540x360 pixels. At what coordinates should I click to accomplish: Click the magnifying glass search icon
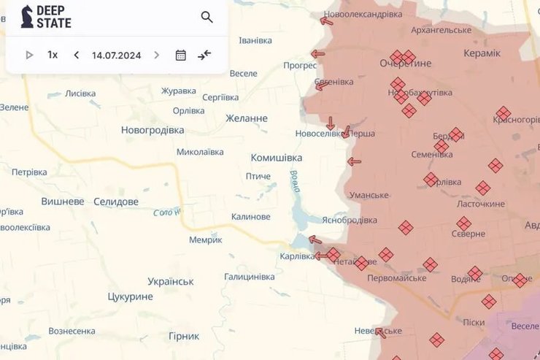[207, 18]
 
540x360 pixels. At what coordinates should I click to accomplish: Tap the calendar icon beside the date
[181, 55]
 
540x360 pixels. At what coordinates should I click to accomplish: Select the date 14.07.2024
[117, 55]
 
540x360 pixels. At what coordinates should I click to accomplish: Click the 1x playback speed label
[53, 55]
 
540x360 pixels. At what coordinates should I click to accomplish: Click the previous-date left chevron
[77, 55]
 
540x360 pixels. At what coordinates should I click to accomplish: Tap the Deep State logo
[46, 17]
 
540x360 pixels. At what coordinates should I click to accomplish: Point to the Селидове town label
[116, 202]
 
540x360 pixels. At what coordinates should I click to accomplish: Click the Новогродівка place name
[153, 130]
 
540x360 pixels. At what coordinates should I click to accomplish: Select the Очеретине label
[405, 64]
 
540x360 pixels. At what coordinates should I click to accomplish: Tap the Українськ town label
[170, 281]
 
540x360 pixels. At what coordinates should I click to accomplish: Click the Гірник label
[183, 336]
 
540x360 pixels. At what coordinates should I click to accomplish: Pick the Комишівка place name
[276, 158]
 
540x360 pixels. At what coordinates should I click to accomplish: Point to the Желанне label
[247, 118]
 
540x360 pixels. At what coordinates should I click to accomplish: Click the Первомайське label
[396, 278]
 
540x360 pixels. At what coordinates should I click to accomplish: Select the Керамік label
[482, 53]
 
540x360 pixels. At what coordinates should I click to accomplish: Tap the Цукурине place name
[130, 296]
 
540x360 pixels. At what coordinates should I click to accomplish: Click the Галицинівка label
[250, 277]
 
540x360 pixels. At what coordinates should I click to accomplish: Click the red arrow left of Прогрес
[317, 53]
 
